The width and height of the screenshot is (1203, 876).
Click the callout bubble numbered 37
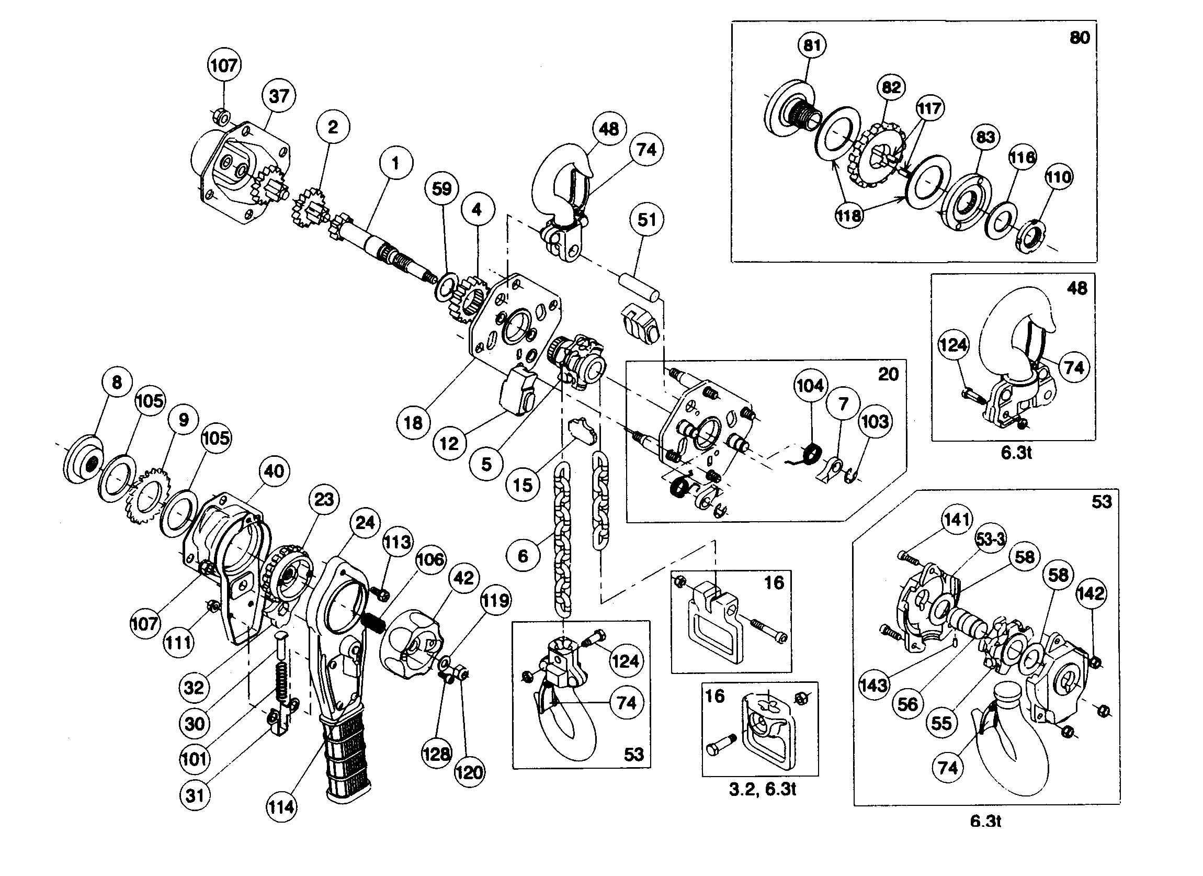tap(279, 96)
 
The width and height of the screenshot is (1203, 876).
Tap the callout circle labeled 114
tap(281, 807)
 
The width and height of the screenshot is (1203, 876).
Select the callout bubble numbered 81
tap(812, 45)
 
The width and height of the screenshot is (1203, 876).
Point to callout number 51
tap(646, 220)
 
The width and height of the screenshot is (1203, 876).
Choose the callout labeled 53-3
tap(990, 540)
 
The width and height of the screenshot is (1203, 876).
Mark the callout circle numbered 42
tap(463, 578)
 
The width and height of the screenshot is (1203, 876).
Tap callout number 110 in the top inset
tap(1059, 177)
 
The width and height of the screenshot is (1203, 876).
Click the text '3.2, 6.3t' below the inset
tap(762, 790)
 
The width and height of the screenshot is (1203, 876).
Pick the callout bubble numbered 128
tap(437, 754)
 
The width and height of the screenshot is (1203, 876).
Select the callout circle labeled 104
tap(810, 386)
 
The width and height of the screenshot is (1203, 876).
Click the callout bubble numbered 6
tap(523, 556)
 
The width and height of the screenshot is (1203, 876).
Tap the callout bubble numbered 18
tap(413, 423)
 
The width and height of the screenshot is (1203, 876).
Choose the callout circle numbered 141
tap(956, 520)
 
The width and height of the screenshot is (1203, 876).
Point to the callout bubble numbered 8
tap(117, 382)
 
